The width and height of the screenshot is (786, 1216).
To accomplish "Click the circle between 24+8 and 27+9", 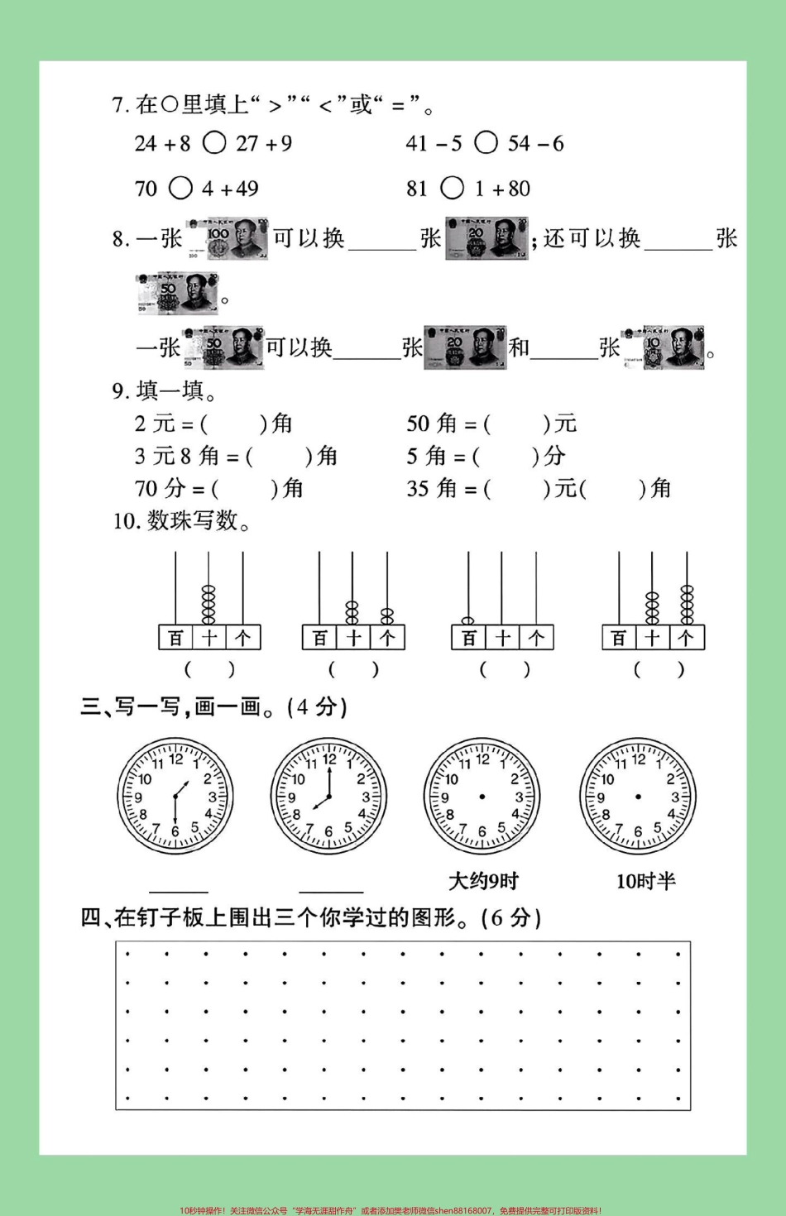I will (x=214, y=143).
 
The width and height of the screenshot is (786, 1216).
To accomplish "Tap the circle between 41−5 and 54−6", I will (x=486, y=143).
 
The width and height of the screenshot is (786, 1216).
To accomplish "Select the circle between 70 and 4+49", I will (x=180, y=189).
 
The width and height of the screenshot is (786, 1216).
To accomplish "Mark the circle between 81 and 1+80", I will (x=453, y=189).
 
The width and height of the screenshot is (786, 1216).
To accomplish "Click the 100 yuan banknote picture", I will (x=228, y=238).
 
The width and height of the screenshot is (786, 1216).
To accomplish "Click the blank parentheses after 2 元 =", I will (x=235, y=424).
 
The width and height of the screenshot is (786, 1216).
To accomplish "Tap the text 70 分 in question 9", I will (x=161, y=489).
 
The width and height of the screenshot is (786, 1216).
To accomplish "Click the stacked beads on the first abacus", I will (x=208, y=605).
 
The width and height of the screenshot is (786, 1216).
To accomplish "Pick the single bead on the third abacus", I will (x=468, y=620).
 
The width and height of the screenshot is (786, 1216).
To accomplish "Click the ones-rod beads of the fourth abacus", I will (x=687, y=604).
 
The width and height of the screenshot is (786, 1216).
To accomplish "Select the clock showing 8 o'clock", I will (x=328, y=797).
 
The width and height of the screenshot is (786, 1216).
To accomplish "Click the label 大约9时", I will (x=483, y=881).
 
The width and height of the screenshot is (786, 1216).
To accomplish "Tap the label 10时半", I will (x=645, y=881).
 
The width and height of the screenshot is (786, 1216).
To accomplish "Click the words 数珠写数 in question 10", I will (x=192, y=521).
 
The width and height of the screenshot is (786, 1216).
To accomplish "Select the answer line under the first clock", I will (x=179, y=890).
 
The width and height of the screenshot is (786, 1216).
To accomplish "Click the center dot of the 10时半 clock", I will (x=638, y=797).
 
